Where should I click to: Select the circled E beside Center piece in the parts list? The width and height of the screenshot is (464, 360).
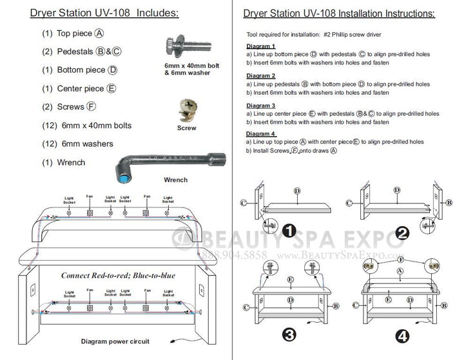pos(112,89)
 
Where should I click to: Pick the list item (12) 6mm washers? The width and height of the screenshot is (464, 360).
pos(77,144)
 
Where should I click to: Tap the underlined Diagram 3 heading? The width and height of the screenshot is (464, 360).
pos(261,105)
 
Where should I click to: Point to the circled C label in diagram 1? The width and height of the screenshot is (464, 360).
pos(243,203)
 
